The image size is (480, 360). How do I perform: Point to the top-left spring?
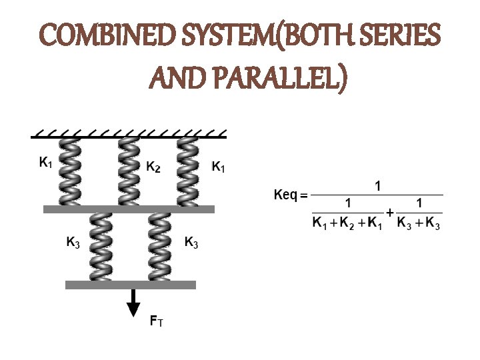(69, 172)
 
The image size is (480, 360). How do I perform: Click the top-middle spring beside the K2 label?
(129, 172)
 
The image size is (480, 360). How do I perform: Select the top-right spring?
(188, 172)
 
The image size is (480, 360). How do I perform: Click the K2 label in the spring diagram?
(153, 167)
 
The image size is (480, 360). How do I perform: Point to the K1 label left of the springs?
(46, 162)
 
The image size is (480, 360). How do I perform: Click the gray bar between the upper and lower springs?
(129, 209)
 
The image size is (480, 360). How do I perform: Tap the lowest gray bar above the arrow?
(131, 285)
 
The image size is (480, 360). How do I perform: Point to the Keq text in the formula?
(287, 195)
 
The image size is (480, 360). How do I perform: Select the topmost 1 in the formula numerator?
(378, 187)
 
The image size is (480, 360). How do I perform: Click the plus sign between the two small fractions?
(389, 211)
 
